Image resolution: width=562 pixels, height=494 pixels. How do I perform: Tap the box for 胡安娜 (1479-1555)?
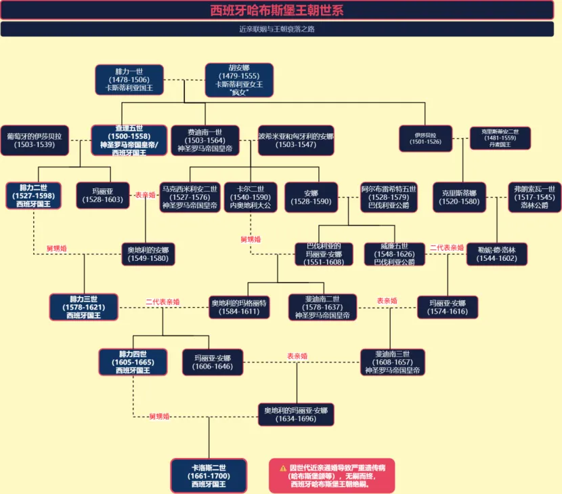click(x=239, y=80)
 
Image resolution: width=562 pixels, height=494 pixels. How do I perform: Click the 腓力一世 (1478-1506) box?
click(x=129, y=80)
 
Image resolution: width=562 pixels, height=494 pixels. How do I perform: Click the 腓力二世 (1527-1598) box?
click(x=34, y=195)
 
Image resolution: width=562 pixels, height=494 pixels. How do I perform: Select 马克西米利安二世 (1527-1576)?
click(x=190, y=197)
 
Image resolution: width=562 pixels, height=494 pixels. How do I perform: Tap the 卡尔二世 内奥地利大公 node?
click(x=250, y=197)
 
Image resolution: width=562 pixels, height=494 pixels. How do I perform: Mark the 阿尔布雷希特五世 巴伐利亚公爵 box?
click(x=389, y=197)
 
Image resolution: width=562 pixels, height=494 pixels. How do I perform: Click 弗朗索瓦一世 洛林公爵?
click(x=534, y=197)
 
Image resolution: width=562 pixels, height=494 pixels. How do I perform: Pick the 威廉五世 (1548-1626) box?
click(x=394, y=253)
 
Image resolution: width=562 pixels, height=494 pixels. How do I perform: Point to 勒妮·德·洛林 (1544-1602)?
click(x=496, y=253)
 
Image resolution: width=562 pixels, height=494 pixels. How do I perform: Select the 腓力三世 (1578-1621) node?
click(x=84, y=307)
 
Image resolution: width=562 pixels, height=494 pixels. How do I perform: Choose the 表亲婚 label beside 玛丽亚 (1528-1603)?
click(x=145, y=194)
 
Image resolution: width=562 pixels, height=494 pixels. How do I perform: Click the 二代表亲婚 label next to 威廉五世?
click(x=447, y=248)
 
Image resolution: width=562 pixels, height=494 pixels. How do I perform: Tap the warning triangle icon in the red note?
click(x=283, y=468)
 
